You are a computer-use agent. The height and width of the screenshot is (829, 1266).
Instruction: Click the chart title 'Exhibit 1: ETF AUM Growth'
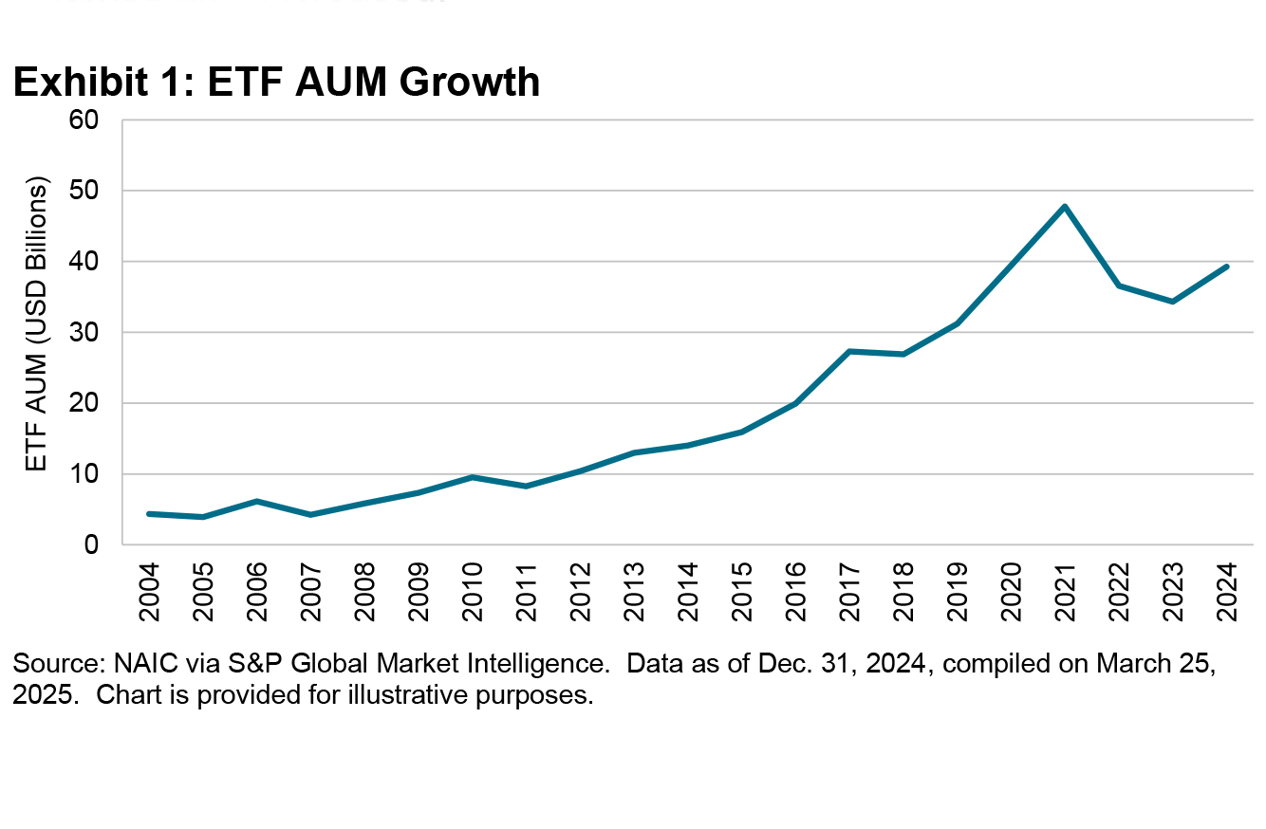point(276,83)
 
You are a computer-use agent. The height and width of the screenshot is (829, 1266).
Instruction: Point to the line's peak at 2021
point(1065,206)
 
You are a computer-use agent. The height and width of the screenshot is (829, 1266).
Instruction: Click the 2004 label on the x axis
point(149,590)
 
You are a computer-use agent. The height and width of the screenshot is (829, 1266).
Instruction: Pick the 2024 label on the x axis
point(1227,590)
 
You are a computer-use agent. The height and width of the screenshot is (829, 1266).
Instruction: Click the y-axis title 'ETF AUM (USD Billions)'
point(37,323)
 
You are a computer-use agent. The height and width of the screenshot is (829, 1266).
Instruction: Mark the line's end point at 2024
point(1227,267)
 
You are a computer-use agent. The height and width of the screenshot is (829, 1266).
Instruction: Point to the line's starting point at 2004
point(149,513)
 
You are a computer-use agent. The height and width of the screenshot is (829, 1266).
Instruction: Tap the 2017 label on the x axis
point(849,590)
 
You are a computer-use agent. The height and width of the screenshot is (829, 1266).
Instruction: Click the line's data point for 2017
point(849,351)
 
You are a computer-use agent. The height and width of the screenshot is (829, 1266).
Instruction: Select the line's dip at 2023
point(1173,302)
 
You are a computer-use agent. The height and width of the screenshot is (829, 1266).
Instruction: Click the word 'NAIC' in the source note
point(113,665)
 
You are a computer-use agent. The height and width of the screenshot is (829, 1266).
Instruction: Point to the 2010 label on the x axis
point(473,590)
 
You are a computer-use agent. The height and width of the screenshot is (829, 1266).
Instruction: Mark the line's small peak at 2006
point(257,501)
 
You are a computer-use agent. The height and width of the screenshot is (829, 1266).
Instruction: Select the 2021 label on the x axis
point(1065,590)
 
